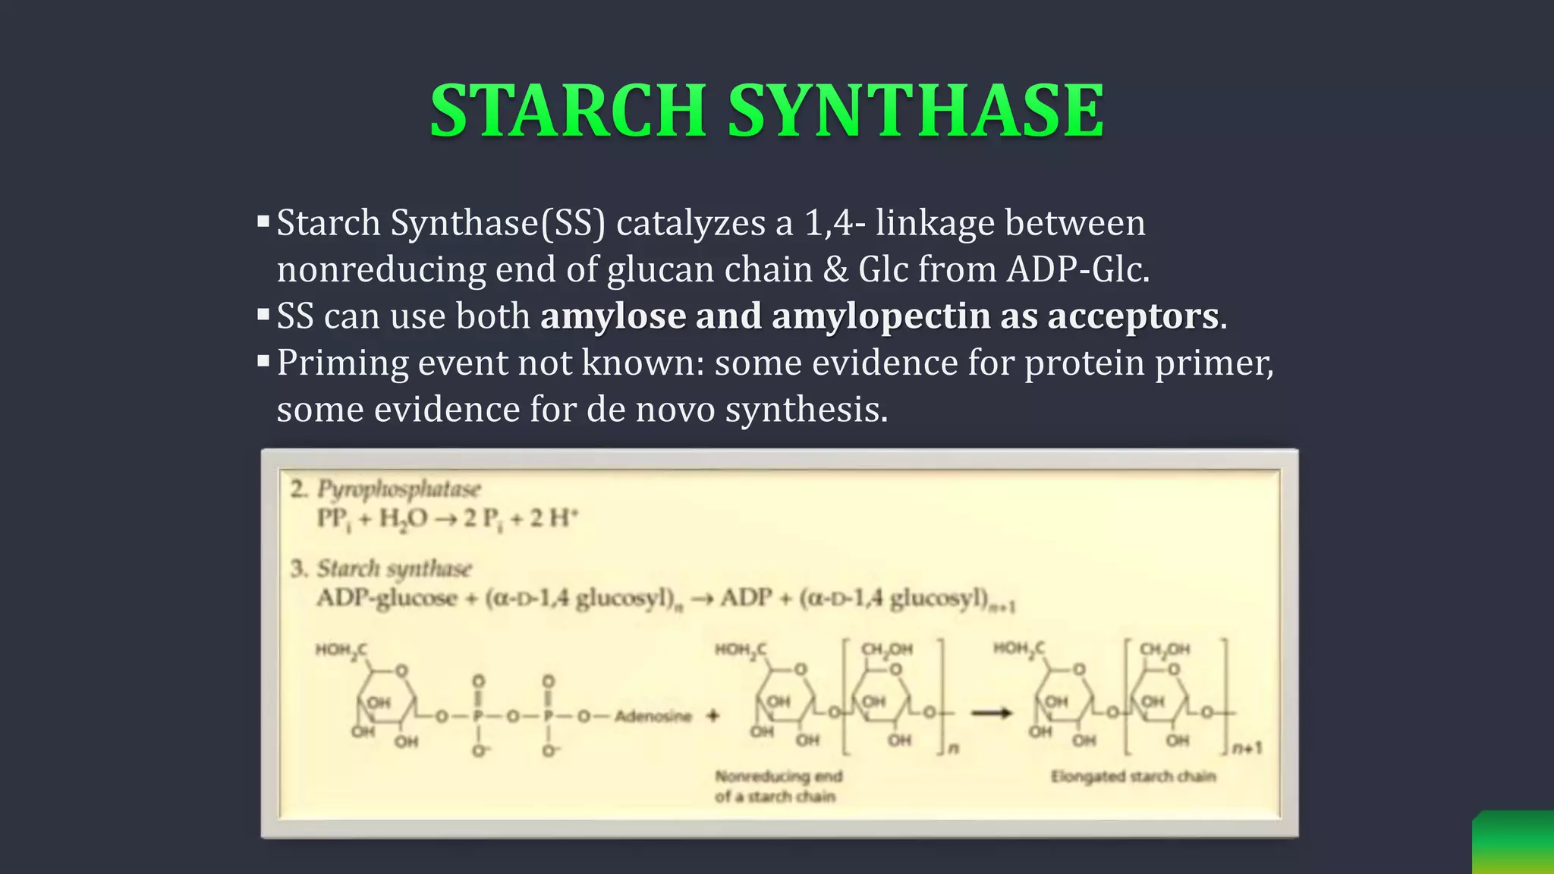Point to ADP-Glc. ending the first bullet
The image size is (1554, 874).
[1078, 269]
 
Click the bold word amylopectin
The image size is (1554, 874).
[881, 316]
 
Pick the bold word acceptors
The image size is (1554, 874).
[1133, 316]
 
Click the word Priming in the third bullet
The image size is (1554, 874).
[342, 363]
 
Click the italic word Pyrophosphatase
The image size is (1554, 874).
[398, 489]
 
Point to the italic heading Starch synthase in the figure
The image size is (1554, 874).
[394, 568]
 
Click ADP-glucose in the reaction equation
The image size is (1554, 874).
[386, 598]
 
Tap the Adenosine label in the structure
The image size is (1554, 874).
[653, 715]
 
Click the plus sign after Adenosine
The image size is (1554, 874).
[713, 715]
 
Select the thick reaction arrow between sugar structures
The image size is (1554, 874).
[992, 713]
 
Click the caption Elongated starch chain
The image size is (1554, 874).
[1133, 776]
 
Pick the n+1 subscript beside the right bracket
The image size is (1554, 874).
[1247, 748]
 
